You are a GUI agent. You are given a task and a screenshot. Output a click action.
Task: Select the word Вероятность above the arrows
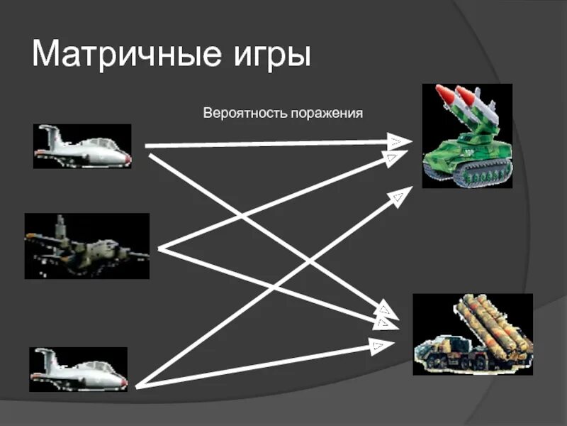pos(244,113)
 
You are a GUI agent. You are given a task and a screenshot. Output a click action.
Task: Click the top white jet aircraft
pos(82,146)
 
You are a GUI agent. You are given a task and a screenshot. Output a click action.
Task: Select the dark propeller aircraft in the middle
pos(86,246)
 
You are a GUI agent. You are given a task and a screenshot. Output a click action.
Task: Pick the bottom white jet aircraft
pos(79,369)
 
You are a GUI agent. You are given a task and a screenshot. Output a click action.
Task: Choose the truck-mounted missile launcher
pos(471,334)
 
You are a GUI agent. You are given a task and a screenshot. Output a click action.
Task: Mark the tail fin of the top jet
pos(48,132)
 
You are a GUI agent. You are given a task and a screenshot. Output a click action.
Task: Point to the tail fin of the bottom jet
pos(44,355)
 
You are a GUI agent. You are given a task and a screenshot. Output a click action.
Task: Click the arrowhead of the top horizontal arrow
pos(396,141)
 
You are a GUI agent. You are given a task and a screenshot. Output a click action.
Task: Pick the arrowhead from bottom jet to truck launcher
pos(379,346)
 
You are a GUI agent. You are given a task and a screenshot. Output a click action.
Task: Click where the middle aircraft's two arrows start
pos(160,248)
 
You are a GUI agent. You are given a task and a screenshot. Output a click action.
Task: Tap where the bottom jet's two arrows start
pos(136,386)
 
